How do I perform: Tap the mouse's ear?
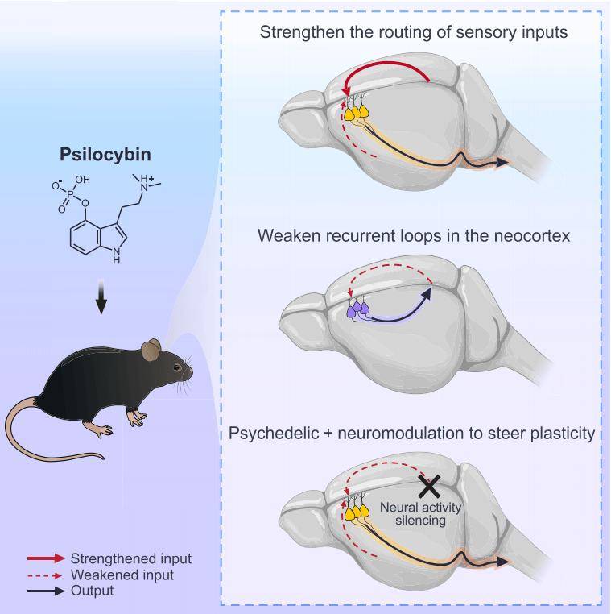click(x=150, y=350)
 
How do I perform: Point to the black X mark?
click(x=428, y=486)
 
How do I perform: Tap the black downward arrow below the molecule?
click(x=101, y=299)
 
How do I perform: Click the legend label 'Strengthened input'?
click(x=131, y=558)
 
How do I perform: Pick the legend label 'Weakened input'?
click(x=122, y=575)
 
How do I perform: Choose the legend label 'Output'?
click(x=93, y=591)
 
